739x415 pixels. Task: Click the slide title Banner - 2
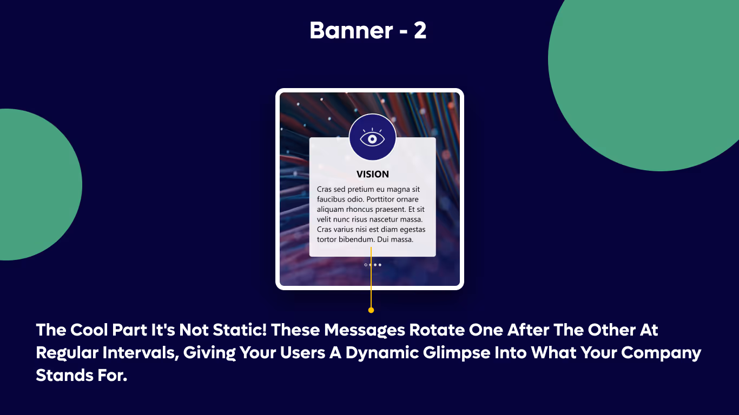click(x=368, y=31)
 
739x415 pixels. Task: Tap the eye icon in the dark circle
click(x=372, y=138)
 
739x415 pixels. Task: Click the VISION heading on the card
click(x=373, y=175)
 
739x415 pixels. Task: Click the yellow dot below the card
click(x=371, y=310)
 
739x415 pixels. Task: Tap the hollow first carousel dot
click(x=366, y=265)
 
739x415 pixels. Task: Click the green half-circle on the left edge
click(x=38, y=185)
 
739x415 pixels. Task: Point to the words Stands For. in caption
click(x=81, y=375)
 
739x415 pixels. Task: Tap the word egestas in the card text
click(x=411, y=230)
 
